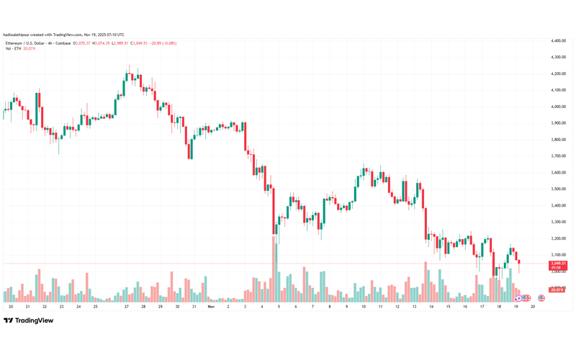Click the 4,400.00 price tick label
pos(556,40)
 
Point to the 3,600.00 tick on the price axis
pos(556,172)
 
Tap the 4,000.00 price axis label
pos(556,107)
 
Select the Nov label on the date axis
pos(210,306)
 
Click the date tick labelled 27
pos(126,306)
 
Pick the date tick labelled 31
pos(194,306)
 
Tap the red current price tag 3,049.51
pos(558,264)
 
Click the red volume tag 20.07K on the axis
pos(556,289)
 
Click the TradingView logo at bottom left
pos(29,320)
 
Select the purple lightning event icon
pos(518,298)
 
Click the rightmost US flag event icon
pos(541,298)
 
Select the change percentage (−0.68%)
pos(169,43)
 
